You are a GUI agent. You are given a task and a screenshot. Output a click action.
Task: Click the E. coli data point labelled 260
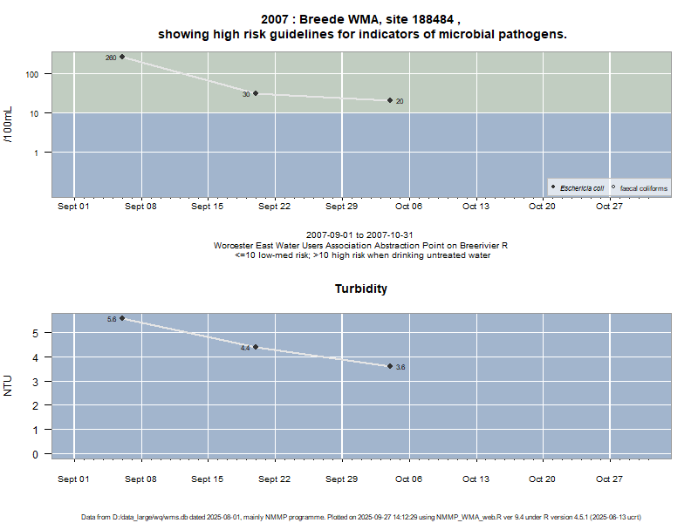click(122, 57)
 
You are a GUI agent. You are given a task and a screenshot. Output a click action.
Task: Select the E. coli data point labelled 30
click(256, 93)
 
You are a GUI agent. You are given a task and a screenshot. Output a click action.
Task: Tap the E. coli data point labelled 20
click(390, 100)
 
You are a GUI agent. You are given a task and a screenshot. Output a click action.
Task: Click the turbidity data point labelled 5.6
click(122, 318)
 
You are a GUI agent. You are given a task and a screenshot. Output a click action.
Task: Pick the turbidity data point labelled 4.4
click(256, 347)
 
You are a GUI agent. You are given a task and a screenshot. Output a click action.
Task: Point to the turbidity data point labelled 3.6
click(390, 366)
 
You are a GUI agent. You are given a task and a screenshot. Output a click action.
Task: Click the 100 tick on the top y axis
click(33, 74)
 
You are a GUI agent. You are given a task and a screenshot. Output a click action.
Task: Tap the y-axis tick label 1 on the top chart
click(37, 153)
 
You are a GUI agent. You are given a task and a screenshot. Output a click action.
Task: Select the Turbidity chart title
click(361, 289)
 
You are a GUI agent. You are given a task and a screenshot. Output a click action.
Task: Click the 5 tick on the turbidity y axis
click(37, 333)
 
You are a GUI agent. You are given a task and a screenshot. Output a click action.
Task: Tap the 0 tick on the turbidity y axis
click(37, 454)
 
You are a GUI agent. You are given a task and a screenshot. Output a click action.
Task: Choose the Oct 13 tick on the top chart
click(476, 207)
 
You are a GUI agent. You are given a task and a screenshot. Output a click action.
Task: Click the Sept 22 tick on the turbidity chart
click(274, 479)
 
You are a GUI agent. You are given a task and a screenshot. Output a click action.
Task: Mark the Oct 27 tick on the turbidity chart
click(609, 479)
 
